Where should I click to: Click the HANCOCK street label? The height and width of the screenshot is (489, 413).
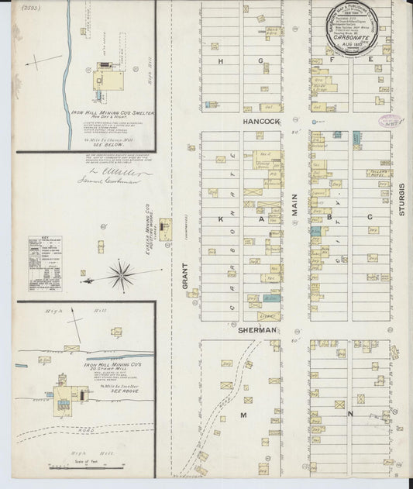click(x=260, y=122)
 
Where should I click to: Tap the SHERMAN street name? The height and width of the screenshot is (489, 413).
click(x=258, y=329)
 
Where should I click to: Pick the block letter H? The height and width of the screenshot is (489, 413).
click(x=221, y=60)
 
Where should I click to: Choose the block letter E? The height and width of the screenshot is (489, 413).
click(x=371, y=60)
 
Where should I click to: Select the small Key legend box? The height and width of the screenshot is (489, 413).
click(x=45, y=263)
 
